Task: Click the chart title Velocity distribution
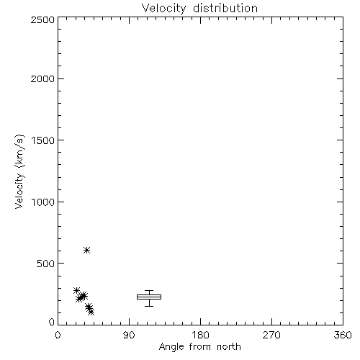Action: (x=199, y=8)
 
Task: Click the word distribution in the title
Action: (x=225, y=8)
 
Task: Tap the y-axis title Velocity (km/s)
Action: (x=19, y=171)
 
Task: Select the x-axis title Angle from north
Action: (x=199, y=347)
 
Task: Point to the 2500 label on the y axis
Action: (x=42, y=19)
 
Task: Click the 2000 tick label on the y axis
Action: (x=42, y=78)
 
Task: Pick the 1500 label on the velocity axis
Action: (x=43, y=140)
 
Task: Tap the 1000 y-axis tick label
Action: (x=43, y=202)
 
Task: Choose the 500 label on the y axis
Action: (x=45, y=264)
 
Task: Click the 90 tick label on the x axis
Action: (x=129, y=335)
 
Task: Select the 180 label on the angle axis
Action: (x=200, y=335)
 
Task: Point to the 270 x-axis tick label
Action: (x=271, y=335)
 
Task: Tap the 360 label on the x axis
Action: (x=343, y=335)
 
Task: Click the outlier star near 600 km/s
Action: (x=86, y=251)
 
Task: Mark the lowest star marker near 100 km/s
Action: (x=91, y=312)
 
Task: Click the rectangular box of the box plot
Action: (x=149, y=297)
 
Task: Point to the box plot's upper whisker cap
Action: (x=149, y=291)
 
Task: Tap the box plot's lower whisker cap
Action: (x=149, y=306)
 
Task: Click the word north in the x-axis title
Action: (x=229, y=347)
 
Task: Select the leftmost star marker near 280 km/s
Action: (x=76, y=290)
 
